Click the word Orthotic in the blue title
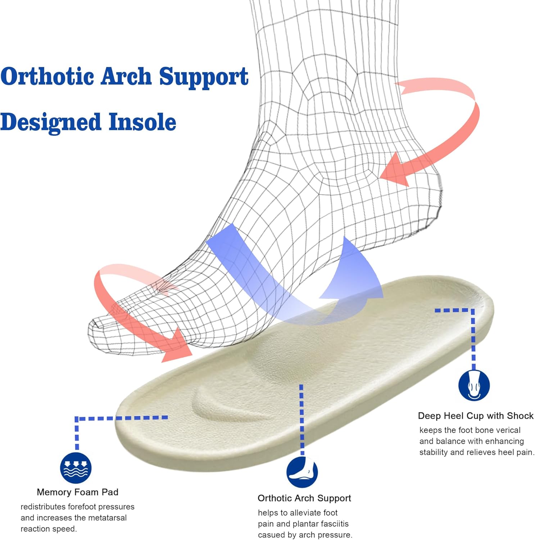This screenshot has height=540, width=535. (x=47, y=76)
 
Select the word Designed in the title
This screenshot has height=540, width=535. (x=50, y=123)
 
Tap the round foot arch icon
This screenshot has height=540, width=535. (x=302, y=472)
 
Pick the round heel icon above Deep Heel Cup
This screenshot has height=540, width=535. (x=474, y=385)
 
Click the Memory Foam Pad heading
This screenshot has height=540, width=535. (x=77, y=492)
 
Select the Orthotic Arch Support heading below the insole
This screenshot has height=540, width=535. (x=304, y=498)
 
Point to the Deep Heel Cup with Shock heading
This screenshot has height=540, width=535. (x=475, y=416)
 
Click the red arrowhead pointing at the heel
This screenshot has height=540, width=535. (x=394, y=171)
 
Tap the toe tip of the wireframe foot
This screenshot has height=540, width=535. (x=94, y=328)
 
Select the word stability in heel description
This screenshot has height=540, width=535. (x=434, y=452)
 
